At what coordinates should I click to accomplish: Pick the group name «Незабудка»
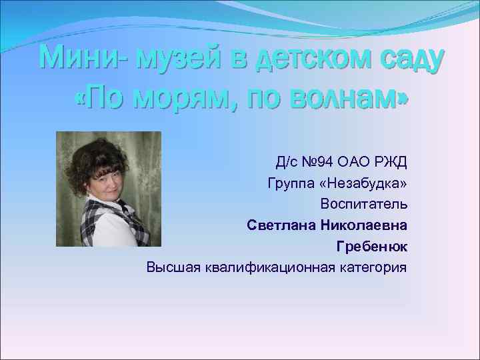pos(365,183)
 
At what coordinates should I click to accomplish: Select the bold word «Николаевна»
pos(364,225)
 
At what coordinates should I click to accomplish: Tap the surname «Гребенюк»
pos(372,247)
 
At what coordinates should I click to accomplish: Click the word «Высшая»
pos(170,268)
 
